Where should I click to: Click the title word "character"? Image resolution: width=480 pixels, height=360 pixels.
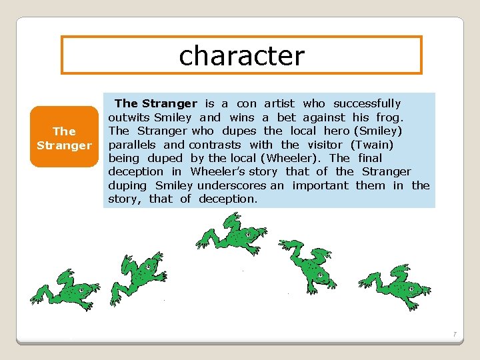click(241, 55)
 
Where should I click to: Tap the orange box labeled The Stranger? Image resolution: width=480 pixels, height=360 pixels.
click(64, 137)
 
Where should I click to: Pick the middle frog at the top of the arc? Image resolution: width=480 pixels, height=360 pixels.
click(233, 234)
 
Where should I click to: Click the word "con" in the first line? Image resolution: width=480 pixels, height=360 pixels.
click(246, 103)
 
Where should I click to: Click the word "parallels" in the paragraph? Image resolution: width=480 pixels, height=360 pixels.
click(132, 145)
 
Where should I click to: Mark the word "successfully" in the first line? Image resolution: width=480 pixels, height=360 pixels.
click(367, 103)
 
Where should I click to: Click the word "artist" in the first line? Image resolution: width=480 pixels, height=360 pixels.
click(279, 103)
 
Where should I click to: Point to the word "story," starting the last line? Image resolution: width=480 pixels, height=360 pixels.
click(125, 199)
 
